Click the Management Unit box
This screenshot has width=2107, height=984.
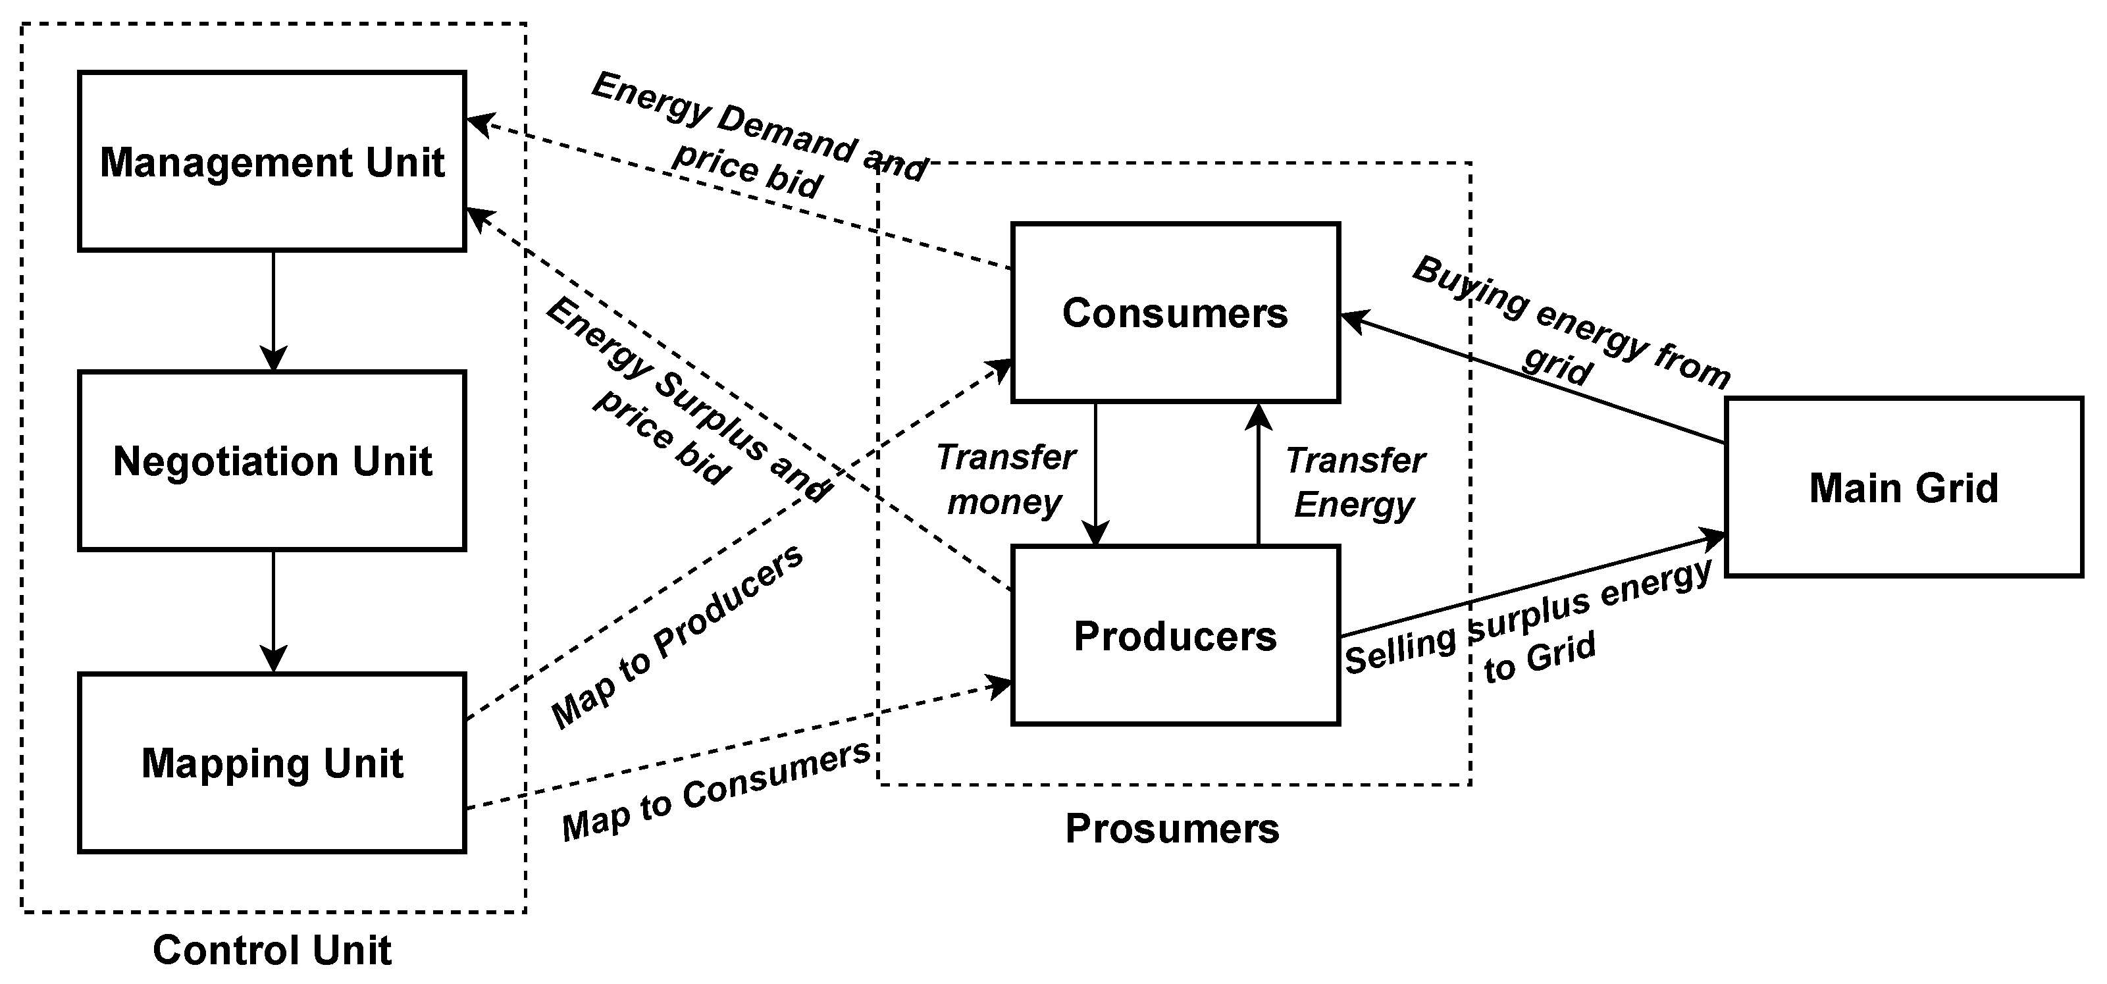tap(272, 161)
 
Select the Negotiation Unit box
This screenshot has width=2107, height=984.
tap(272, 461)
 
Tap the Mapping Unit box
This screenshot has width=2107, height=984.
tap(272, 762)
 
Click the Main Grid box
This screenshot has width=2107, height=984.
tap(1904, 488)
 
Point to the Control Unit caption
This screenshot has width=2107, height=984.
tap(272, 950)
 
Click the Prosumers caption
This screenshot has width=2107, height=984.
tap(1172, 829)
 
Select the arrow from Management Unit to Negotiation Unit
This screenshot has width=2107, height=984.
tap(273, 311)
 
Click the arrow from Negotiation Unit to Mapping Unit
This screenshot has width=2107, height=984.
tap(273, 611)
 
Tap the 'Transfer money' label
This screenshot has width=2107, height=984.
tap(1005, 479)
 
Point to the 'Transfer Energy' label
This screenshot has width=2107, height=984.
tap(1355, 482)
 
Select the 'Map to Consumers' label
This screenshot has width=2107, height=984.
tap(715, 791)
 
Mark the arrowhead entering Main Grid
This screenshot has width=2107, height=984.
tap(1715, 536)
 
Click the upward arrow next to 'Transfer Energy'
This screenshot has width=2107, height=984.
tap(1258, 475)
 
